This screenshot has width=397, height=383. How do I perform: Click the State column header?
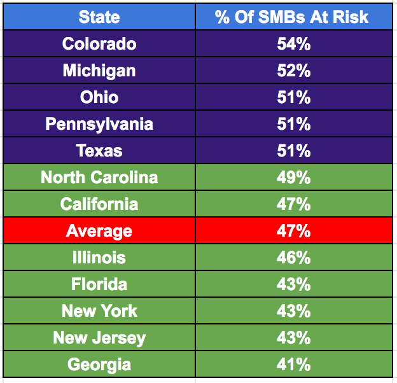[99, 17]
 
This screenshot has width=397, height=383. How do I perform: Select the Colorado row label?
[99, 44]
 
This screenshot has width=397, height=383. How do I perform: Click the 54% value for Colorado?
[293, 44]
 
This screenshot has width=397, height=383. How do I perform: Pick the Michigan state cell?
[99, 71]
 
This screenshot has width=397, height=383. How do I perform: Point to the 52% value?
[293, 71]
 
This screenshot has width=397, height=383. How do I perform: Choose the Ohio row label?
[99, 97]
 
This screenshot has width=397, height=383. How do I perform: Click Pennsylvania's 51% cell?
[293, 123]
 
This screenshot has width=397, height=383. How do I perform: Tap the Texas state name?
[99, 151]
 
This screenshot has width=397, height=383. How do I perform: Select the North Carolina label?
[99, 178]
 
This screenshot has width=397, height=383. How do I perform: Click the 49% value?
[293, 178]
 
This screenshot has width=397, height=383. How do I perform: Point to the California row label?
[99, 204]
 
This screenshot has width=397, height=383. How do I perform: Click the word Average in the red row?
[99, 231]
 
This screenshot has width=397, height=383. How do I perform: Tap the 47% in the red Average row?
[293, 231]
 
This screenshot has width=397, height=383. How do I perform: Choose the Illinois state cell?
[99, 258]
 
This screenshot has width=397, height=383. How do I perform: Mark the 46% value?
[293, 258]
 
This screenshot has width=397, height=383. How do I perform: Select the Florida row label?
[99, 284]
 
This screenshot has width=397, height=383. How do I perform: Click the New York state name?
[99, 311]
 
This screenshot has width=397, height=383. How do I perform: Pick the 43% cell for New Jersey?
[293, 338]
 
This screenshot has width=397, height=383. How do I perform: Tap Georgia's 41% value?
[293, 365]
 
